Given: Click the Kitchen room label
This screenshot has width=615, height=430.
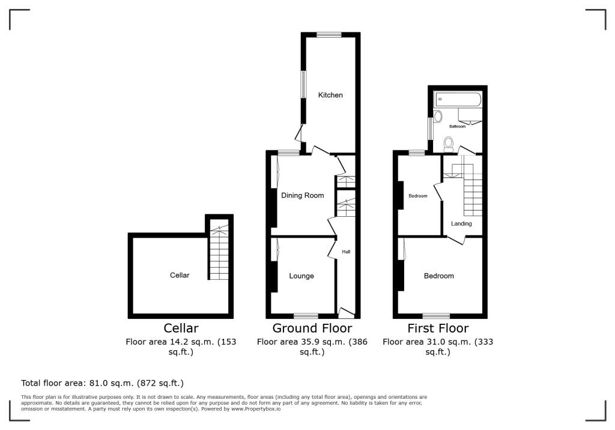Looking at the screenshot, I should [x=330, y=95].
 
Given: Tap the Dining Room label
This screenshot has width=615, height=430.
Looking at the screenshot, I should [x=303, y=195].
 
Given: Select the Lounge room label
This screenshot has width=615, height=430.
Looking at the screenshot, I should [x=301, y=276].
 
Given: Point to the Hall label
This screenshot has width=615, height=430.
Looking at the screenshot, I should [x=346, y=252].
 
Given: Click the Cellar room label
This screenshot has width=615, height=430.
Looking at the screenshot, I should [x=180, y=275].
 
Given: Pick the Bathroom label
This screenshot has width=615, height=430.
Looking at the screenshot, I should [x=458, y=127].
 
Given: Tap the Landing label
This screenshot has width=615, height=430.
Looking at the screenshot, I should [x=462, y=223].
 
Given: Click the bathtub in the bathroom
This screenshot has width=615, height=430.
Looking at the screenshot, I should [x=458, y=100].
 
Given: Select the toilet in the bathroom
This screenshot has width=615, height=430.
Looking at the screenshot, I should [x=448, y=143].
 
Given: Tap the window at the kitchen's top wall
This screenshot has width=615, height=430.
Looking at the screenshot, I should [x=329, y=35].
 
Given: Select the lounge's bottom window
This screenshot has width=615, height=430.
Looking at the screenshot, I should [x=306, y=315].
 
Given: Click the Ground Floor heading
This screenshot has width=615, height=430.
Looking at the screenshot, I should [x=312, y=328].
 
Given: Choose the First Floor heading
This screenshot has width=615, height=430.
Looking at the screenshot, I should [x=438, y=328].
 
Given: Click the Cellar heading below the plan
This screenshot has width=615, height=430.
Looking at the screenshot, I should [x=181, y=328].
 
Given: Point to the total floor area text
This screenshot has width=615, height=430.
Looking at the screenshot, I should [x=102, y=383].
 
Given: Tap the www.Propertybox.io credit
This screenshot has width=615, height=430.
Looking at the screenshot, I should [x=256, y=408].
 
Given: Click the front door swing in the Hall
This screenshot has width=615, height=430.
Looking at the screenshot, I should [x=346, y=312].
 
